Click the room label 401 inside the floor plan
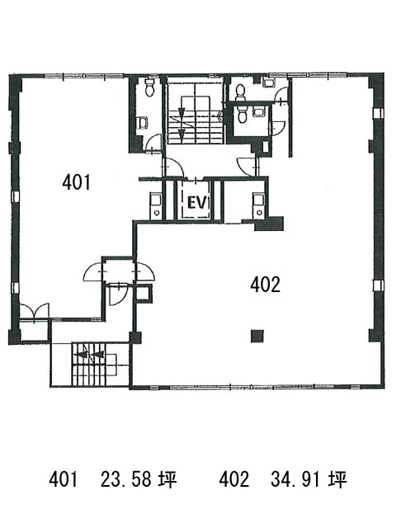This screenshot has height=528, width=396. click(77, 182)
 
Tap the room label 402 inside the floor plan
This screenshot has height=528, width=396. click(265, 285)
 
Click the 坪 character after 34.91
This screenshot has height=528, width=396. click(338, 479)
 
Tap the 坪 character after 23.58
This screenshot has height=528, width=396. click(167, 479)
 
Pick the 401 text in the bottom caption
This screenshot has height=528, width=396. click(64, 479)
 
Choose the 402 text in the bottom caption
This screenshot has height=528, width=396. click(233, 479)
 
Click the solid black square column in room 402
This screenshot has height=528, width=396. click(257, 336)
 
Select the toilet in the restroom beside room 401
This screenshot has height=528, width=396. click(149, 87)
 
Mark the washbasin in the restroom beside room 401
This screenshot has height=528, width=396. click(143, 123)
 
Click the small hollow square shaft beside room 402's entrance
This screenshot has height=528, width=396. click(144, 293)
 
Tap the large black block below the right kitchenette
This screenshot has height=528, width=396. click(269, 224)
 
